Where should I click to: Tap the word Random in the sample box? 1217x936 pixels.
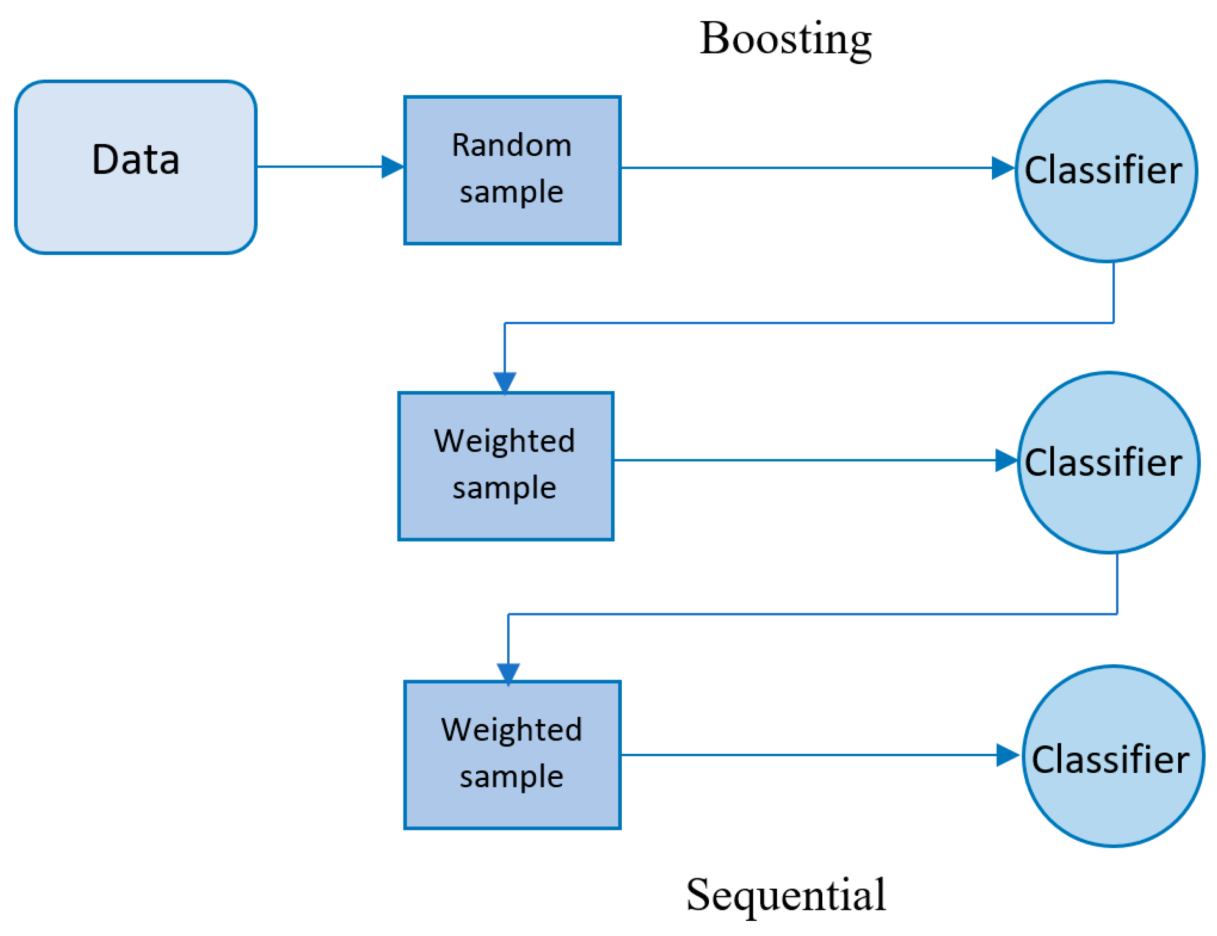(512, 145)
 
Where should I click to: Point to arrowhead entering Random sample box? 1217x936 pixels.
(392, 167)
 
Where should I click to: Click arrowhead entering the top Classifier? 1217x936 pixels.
(1003, 168)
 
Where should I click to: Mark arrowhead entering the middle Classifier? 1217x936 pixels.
(1006, 460)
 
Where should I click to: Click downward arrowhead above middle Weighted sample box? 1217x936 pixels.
(505, 382)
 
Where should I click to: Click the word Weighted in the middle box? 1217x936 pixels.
(504, 441)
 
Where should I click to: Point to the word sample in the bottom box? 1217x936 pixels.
(512, 776)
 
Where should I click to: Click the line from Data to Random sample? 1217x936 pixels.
(318, 167)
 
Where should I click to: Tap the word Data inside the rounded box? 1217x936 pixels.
(135, 160)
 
